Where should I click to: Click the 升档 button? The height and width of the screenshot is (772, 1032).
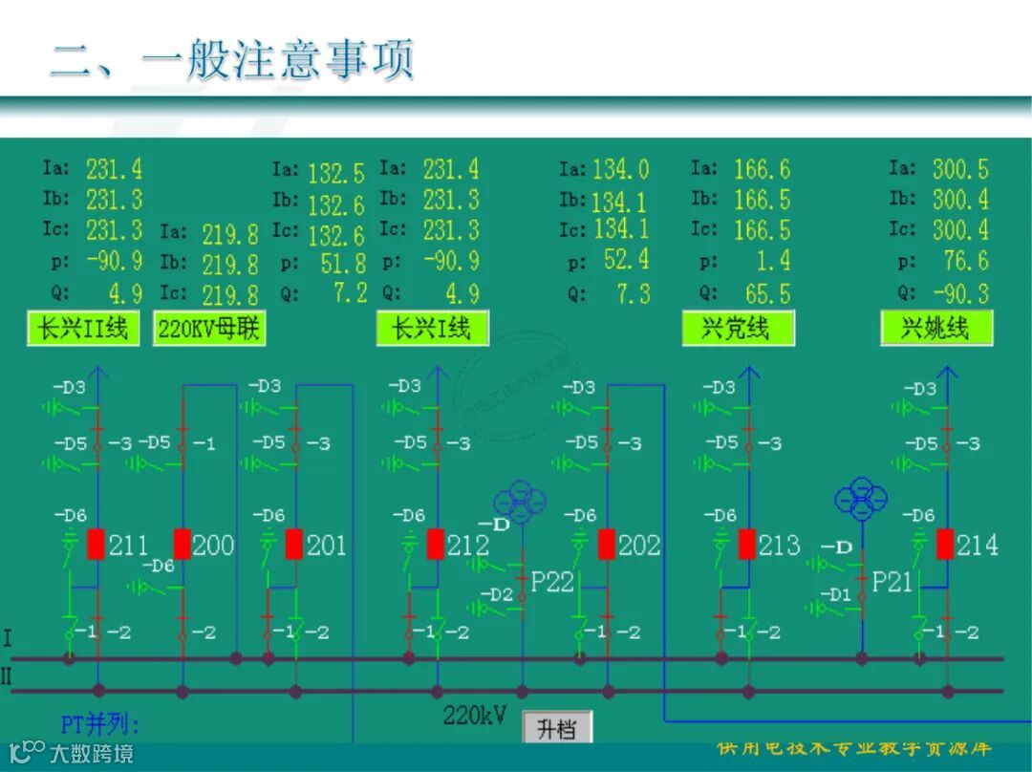click(x=557, y=729)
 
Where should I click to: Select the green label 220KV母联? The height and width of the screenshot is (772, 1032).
click(x=209, y=329)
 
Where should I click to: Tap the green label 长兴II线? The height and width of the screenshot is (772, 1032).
click(x=82, y=329)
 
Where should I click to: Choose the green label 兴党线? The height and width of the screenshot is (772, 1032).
click(x=738, y=329)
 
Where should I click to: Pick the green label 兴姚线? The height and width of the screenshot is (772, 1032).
click(x=936, y=329)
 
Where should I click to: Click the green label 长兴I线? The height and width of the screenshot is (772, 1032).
click(x=432, y=329)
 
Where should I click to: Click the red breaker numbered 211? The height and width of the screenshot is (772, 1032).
click(x=97, y=544)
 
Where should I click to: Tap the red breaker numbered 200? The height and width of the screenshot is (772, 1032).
click(x=182, y=544)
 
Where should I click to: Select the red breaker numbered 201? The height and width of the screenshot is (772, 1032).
click(x=294, y=544)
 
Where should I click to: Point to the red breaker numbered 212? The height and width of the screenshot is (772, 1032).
click(x=436, y=544)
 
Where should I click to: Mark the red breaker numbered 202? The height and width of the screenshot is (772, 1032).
click(x=607, y=544)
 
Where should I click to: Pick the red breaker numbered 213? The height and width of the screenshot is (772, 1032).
click(x=748, y=544)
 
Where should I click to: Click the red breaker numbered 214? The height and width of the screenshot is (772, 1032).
click(x=945, y=544)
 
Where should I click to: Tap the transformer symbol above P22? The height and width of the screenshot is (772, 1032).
click(x=521, y=502)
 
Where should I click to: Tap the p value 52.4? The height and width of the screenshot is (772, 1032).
click(x=626, y=260)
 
